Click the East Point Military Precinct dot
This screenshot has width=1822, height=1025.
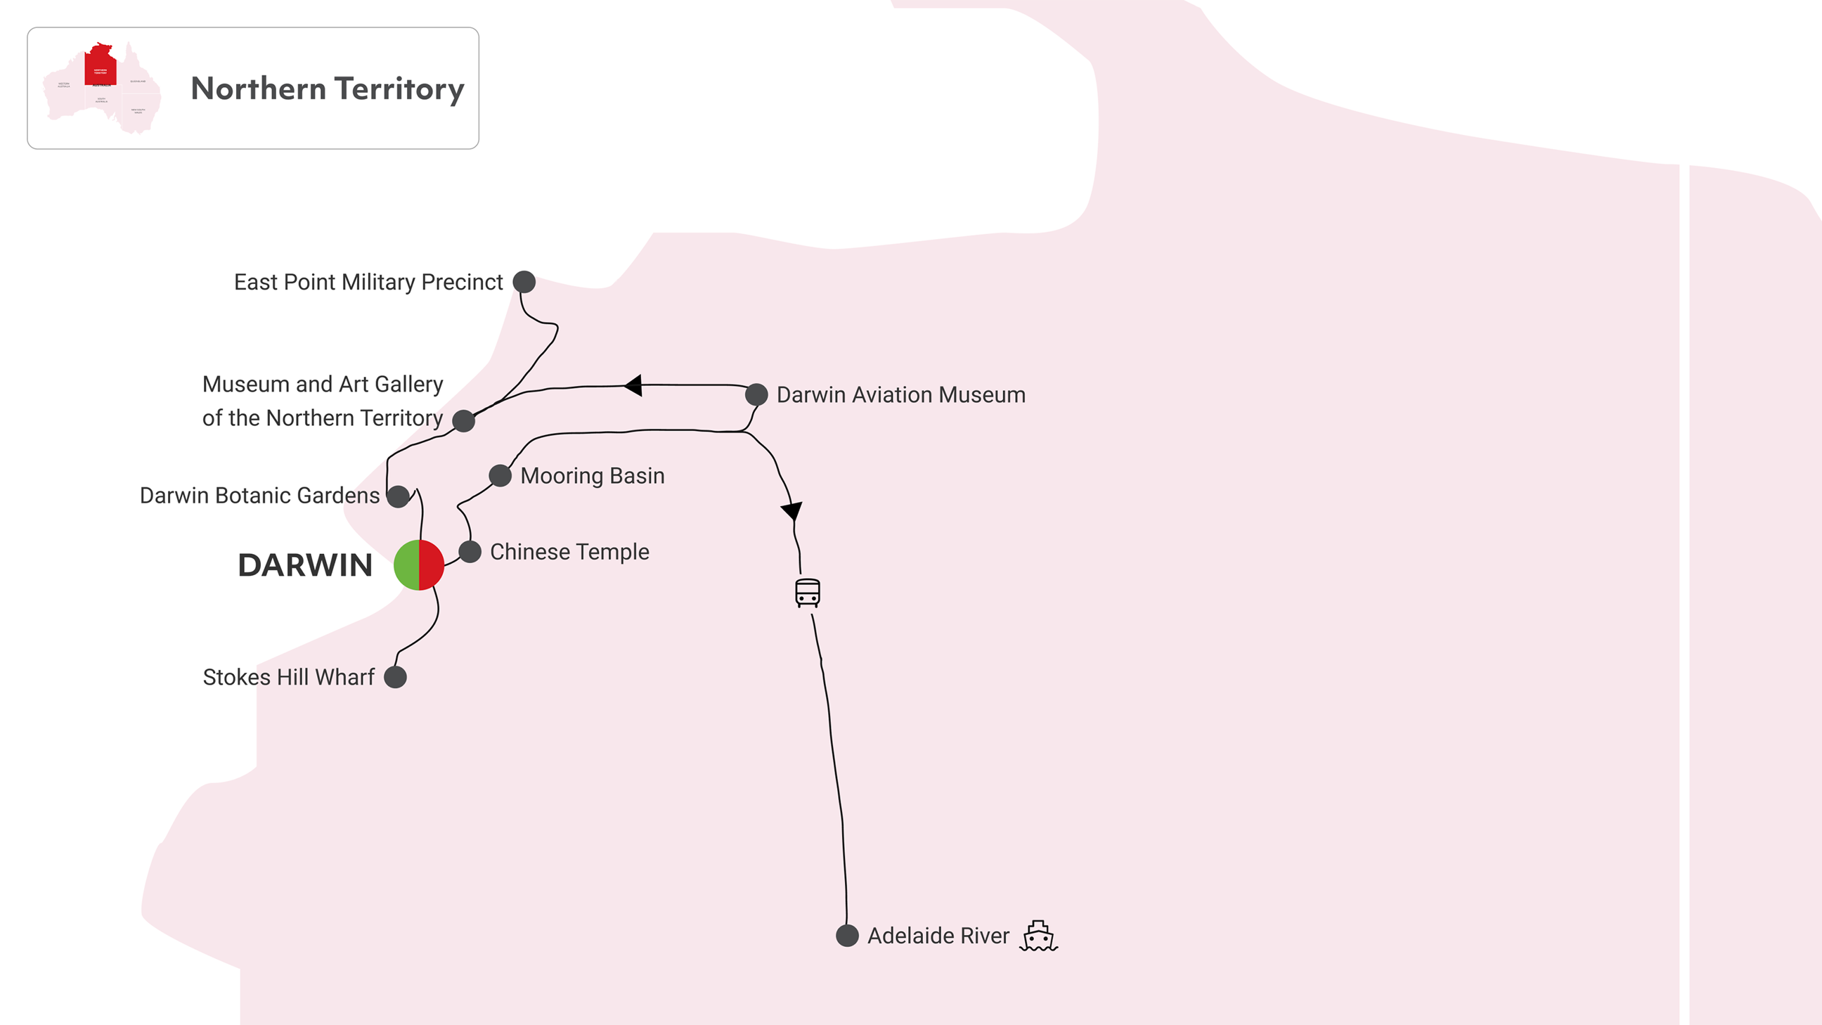coord(524,281)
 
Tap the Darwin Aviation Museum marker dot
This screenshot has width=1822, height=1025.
coord(756,394)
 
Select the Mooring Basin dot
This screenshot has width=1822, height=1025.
coord(500,475)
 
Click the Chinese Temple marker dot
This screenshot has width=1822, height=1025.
coord(470,552)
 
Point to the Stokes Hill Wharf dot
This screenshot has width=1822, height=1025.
coord(395,677)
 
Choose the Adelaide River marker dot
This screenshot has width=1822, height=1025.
coord(847,935)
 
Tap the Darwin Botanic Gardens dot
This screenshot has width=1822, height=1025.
coord(398,496)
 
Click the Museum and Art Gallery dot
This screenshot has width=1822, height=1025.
coord(463,421)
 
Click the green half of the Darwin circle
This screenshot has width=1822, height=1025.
coord(407,565)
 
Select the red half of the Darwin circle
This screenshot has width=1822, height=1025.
coord(432,565)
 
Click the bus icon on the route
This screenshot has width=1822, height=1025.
coord(808,593)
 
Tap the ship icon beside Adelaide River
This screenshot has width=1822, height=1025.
coord(1038,936)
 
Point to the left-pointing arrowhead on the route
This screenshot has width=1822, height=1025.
coord(634,385)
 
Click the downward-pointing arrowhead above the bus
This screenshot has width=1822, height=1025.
coord(792,510)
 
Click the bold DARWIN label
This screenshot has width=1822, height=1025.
coord(305,565)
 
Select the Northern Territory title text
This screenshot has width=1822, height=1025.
coord(328,89)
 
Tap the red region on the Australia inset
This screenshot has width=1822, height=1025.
coord(101,65)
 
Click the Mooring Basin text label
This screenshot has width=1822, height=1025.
coord(593,476)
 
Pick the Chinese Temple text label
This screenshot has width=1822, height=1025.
coord(569,552)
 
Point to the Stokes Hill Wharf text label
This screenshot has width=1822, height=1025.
coord(289,677)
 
